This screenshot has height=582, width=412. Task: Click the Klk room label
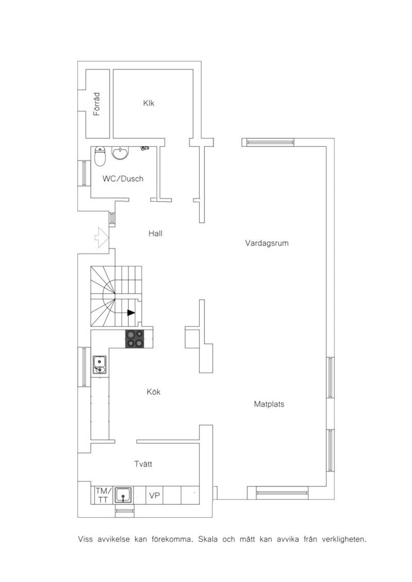click(x=149, y=103)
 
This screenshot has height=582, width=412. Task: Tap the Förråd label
click(x=96, y=104)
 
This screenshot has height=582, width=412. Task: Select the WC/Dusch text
click(x=123, y=178)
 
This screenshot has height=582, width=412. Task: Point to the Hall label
click(x=155, y=233)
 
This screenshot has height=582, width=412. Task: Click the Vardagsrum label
click(x=267, y=243)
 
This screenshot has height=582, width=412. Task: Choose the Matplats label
click(x=269, y=404)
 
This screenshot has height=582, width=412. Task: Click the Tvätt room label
click(x=143, y=464)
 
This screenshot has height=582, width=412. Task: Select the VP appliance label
click(x=154, y=496)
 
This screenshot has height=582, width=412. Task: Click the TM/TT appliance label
click(x=103, y=496)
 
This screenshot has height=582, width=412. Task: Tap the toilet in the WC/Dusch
click(x=100, y=156)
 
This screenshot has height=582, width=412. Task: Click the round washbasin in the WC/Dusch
click(x=120, y=153)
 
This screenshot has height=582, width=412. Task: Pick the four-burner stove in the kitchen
click(x=135, y=339)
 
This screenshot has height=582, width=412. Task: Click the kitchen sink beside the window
click(x=100, y=365)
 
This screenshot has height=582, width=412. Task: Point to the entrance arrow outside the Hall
click(x=101, y=237)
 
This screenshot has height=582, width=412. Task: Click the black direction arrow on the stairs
click(x=131, y=313)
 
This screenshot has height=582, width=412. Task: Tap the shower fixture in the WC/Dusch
click(x=145, y=149)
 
